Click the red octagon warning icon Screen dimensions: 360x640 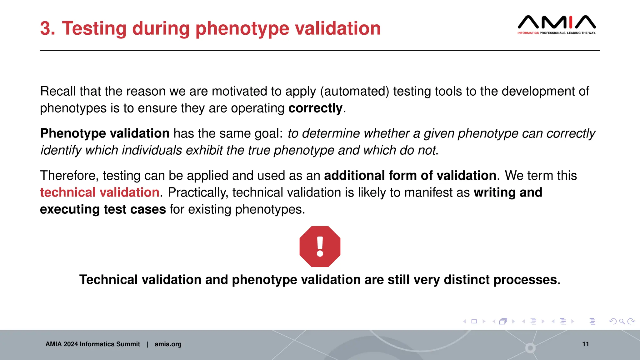coord(320,247)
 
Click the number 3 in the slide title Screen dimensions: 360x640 coord(47,28)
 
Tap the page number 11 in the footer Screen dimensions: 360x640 coord(585,344)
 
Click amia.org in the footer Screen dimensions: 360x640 coord(168,344)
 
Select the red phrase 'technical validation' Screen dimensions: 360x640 coord(100,192)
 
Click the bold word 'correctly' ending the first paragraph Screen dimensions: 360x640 coord(315,108)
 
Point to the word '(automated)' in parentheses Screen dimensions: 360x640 coord(354,92)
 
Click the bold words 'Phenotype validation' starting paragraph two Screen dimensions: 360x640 coord(105,133)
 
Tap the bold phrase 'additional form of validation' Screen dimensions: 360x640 coord(410,176)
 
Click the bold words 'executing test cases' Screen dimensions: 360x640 coord(103,209)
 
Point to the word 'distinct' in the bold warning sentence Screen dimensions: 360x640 coord(467,280)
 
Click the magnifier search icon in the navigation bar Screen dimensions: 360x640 coord(622,321)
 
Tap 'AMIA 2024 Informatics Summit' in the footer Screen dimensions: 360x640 coord(92,344)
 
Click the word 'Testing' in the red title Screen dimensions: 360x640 coord(95,28)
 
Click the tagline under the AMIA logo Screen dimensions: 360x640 coord(557,33)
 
